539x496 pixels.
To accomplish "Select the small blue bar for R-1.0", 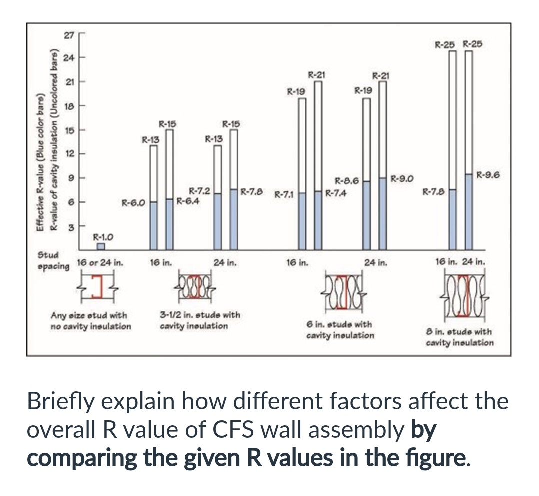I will point(101,246).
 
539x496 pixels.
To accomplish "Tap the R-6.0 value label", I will point(133,203).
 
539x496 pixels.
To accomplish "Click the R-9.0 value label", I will point(401,177).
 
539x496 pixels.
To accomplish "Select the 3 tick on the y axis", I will point(70,226).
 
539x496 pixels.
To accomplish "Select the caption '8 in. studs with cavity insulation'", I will point(459,337).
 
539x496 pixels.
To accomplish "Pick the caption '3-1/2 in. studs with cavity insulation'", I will point(199,320).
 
